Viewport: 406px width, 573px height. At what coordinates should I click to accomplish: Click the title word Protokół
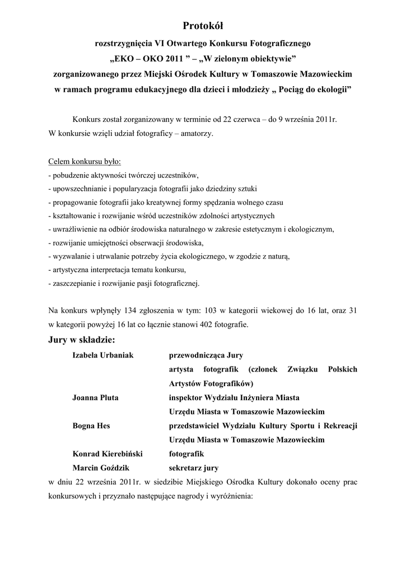(203, 26)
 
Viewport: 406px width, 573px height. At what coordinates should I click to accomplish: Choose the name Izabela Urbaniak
(103, 355)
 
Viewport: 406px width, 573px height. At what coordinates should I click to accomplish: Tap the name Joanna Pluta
(95, 397)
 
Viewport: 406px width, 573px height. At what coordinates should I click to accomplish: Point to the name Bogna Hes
(91, 425)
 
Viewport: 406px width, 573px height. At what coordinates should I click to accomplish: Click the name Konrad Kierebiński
(108, 453)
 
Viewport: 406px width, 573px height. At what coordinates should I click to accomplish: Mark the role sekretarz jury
(194, 467)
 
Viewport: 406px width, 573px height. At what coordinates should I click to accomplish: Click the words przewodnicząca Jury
(206, 355)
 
